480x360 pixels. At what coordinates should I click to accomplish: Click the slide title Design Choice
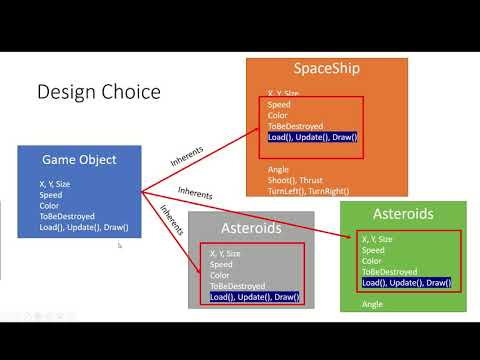point(98,92)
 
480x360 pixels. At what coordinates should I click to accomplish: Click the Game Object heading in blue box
point(79,160)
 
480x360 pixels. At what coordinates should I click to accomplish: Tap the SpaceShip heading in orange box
point(326,70)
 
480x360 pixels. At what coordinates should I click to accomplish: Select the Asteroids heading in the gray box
point(250,228)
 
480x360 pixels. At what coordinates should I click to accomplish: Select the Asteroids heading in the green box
point(402,215)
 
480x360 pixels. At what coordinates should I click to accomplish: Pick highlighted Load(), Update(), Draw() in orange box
point(312,137)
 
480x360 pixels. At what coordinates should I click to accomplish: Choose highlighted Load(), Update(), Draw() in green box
point(407,282)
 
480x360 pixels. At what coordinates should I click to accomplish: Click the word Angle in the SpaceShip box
point(278,169)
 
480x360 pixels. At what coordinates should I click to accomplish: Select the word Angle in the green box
point(372,303)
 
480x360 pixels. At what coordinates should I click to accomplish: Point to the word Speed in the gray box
point(221,264)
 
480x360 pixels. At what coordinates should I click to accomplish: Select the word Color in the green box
point(373,261)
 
